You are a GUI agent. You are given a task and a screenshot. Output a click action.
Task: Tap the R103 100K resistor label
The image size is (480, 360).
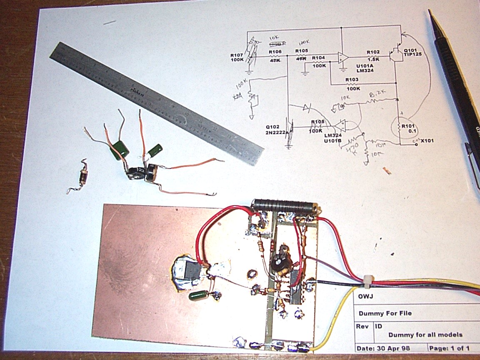352,85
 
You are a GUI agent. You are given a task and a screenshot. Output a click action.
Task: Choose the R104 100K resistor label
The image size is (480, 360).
318,62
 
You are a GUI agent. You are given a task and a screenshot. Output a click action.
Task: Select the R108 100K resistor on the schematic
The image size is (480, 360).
317,126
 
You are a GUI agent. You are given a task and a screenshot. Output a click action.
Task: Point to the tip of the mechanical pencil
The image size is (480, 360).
430,12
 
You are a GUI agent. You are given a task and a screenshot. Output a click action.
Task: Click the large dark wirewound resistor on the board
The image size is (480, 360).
285,205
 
